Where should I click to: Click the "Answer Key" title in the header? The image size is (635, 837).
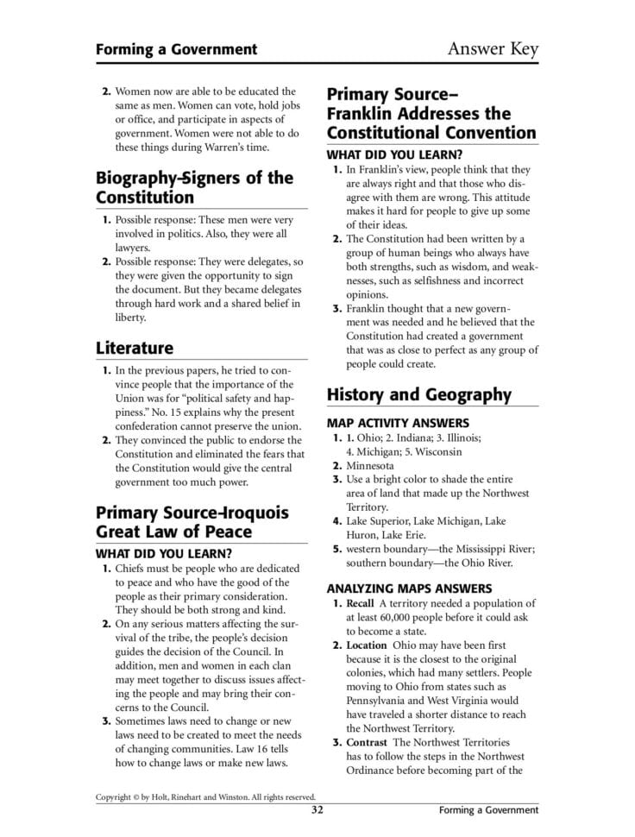pyautogui.click(x=492, y=48)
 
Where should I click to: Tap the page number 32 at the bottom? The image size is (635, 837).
pyautogui.click(x=317, y=810)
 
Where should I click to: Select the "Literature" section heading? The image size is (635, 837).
pyautogui.click(x=135, y=348)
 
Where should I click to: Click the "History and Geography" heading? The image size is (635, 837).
pyautogui.click(x=418, y=395)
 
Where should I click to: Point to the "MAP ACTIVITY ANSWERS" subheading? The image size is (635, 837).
pyautogui.click(x=398, y=423)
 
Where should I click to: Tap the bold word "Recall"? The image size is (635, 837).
pyautogui.click(x=361, y=604)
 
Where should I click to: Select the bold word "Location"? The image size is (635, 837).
pyautogui.click(x=366, y=645)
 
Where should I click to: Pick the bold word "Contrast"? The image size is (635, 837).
pyautogui.click(x=367, y=742)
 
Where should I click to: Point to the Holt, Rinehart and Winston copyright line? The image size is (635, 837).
pyautogui.click(x=205, y=797)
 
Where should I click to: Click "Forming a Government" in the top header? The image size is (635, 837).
pyautogui.click(x=176, y=49)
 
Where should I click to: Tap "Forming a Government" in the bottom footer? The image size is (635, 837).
pyautogui.click(x=487, y=810)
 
